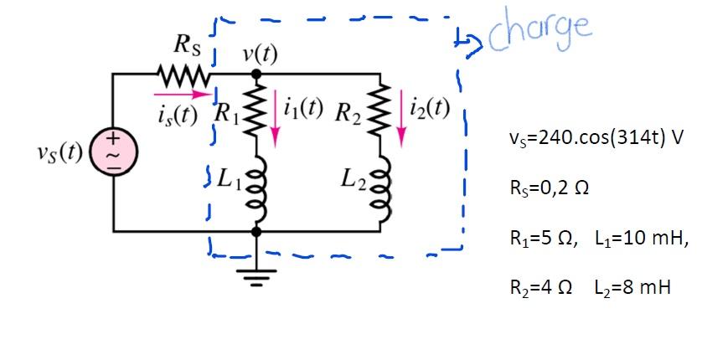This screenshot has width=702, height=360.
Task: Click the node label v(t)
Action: tap(259, 54)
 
